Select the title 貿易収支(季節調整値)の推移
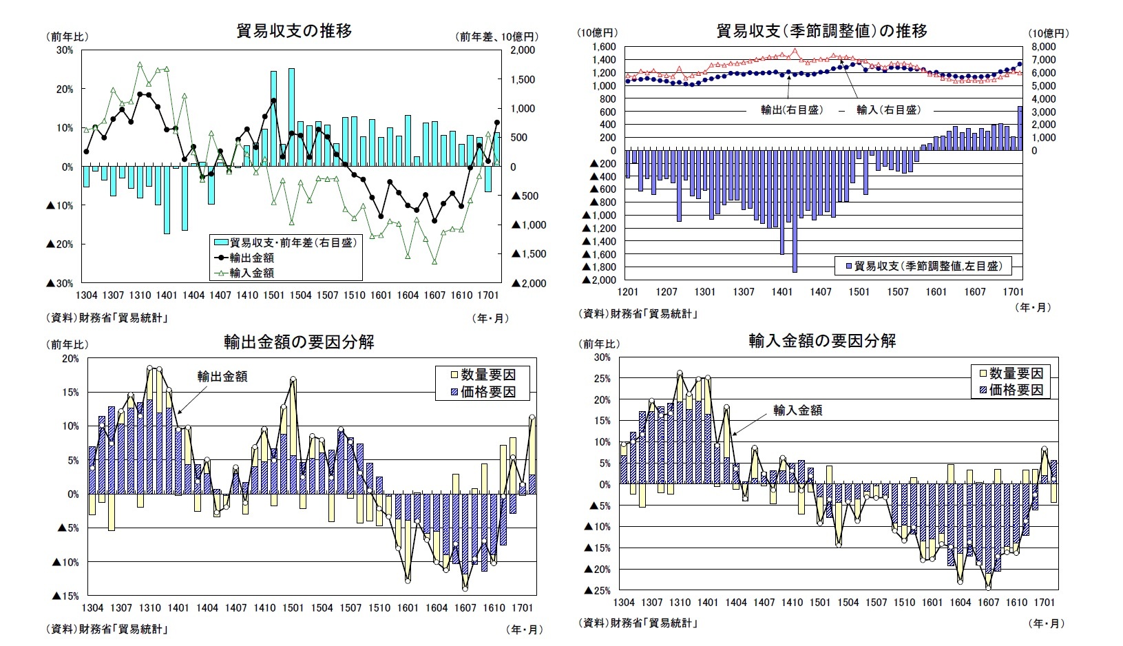click(821, 31)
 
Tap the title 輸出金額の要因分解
click(299, 342)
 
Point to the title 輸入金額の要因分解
click(821, 341)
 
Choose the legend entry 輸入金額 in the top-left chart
click(251, 273)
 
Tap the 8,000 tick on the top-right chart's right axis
click(1044, 46)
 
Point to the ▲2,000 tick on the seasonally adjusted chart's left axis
click(600, 280)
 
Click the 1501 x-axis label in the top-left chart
click(273, 295)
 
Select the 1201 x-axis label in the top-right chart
click(629, 292)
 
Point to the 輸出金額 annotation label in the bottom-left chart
click(222, 377)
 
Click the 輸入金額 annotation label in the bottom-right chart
click(797, 410)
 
